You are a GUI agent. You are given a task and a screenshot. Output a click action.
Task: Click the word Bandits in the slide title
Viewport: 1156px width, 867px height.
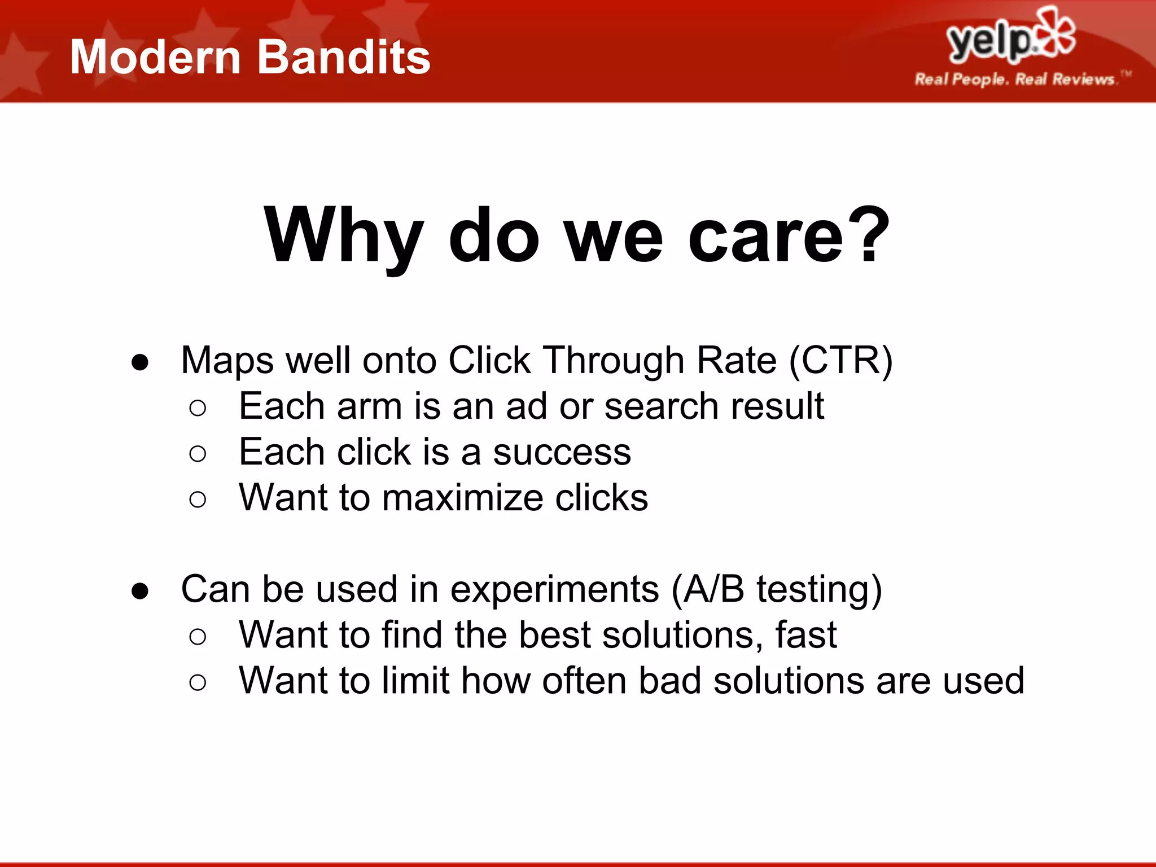[x=344, y=58]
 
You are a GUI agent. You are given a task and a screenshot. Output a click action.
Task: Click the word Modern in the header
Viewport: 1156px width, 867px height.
[x=156, y=58]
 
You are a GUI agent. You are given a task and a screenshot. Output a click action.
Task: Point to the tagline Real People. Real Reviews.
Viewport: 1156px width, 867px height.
[x=1015, y=79]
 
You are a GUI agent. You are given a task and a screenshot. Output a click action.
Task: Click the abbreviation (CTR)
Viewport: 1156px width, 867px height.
[x=840, y=360]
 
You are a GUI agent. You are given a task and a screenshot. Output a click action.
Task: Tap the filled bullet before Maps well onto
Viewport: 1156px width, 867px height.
[x=139, y=362]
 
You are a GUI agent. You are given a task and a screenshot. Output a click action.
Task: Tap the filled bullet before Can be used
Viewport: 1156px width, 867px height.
[x=139, y=591]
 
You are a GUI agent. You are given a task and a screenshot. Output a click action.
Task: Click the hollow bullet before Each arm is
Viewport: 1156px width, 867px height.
[x=198, y=408]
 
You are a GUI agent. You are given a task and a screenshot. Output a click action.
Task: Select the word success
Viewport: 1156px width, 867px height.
[x=562, y=452]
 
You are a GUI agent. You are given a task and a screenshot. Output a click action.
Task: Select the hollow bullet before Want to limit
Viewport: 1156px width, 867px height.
[x=198, y=682]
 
